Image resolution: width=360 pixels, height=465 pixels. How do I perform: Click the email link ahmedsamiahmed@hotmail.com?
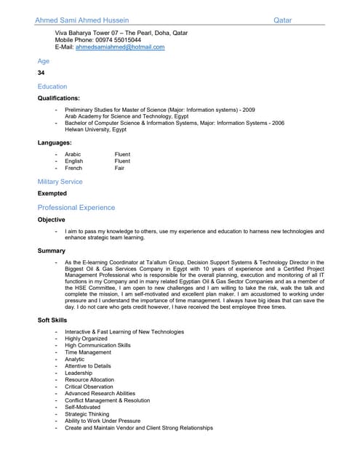[120, 47]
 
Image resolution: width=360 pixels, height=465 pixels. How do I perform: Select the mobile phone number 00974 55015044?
[118, 40]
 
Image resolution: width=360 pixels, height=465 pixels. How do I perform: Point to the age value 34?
[41, 73]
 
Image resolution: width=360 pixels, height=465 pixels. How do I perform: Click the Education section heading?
[52, 86]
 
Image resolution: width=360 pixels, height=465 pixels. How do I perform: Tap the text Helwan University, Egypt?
[95, 130]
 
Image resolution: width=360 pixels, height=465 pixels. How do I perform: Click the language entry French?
[73, 168]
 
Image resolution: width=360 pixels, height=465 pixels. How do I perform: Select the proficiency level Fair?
[119, 168]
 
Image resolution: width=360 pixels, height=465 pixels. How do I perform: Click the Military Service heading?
[60, 182]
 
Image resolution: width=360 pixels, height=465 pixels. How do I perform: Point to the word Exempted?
[52, 193]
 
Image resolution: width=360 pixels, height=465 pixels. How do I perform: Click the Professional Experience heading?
[76, 208]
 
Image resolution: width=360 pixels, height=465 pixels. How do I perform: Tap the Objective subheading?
[52, 219]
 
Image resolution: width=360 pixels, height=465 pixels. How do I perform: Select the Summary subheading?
[52, 251]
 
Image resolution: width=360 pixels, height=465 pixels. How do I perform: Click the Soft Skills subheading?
[52, 320]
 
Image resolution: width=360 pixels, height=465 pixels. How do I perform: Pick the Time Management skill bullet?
[88, 352]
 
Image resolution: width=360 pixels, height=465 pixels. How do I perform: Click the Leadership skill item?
[79, 373]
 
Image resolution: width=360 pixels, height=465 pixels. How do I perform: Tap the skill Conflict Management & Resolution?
[107, 400]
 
